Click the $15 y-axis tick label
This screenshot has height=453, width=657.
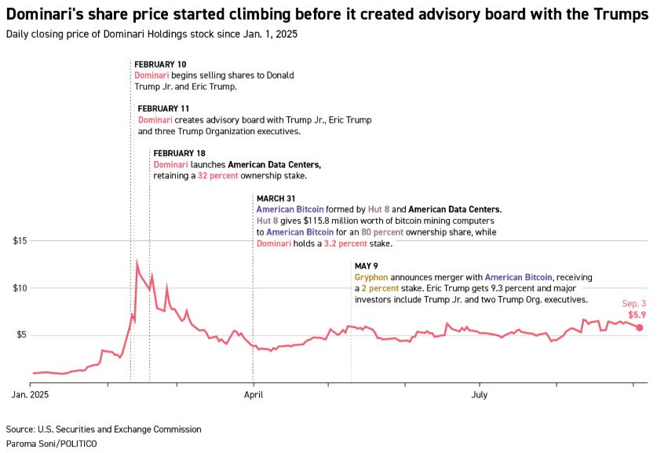coord(21,240)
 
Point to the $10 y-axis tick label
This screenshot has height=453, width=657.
coord(21,287)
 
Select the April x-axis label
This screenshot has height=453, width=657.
coord(254,396)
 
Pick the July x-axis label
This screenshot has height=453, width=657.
coord(480,396)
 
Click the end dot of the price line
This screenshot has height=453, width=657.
coord(640,327)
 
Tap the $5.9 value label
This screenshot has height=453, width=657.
coord(637,314)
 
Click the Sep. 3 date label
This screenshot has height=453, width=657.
coord(633,303)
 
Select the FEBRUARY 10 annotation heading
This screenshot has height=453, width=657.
coord(160,64)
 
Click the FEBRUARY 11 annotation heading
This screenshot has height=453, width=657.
coord(163,108)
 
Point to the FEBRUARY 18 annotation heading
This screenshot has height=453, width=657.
coord(179,152)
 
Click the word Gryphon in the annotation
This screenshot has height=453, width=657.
coord(370,278)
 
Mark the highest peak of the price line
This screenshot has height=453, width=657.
coord(137,262)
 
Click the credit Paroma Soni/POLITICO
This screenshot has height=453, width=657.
coord(51,444)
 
